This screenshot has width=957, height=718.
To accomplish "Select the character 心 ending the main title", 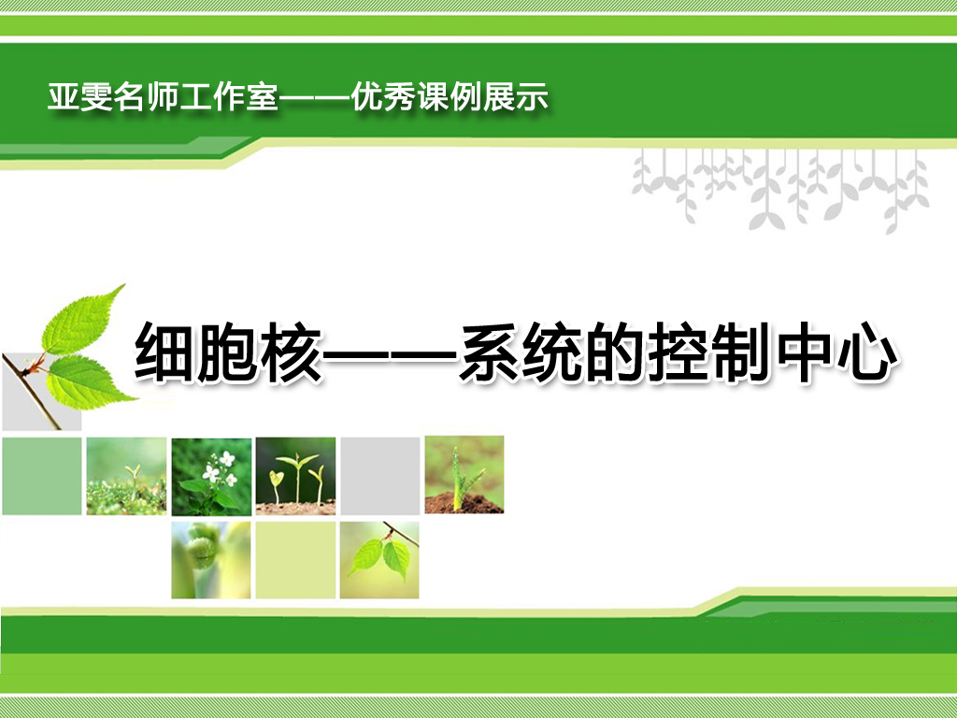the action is (866, 352).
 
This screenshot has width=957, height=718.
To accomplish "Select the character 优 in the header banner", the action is (366, 97).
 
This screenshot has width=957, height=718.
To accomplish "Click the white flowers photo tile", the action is (211, 476).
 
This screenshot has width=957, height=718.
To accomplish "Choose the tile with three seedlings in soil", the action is (295, 476).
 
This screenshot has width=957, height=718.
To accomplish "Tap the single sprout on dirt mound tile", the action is (464, 474).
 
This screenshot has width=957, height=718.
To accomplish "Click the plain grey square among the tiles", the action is (380, 476).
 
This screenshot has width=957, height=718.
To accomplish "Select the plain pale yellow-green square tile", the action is (295, 560).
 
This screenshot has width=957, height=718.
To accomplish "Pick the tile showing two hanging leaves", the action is (379, 560).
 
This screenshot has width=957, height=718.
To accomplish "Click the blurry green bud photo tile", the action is (211, 560).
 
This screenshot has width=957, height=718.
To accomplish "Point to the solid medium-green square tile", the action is (42, 476).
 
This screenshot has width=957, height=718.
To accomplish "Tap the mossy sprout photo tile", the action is (126, 476).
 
